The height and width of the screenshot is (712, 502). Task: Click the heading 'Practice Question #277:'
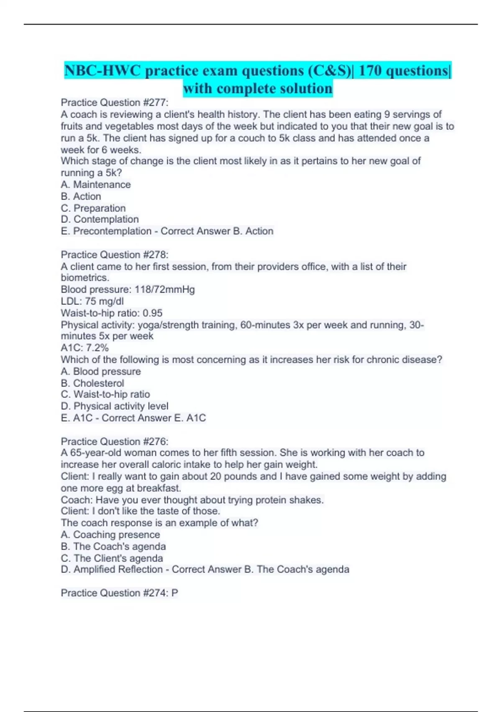[114, 103]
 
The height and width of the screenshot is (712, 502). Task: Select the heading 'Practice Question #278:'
[114, 255]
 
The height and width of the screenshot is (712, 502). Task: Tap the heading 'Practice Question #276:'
[114, 441]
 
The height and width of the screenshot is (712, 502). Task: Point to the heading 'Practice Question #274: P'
[119, 593]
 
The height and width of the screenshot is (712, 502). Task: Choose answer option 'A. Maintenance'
[95, 185]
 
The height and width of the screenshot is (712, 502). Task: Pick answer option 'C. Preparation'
[93, 208]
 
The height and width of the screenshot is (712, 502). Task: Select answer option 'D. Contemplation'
[100, 219]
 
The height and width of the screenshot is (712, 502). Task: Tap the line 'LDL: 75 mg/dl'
[92, 301]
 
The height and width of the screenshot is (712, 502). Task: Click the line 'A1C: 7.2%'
[85, 348]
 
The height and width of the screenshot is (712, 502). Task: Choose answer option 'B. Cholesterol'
[92, 383]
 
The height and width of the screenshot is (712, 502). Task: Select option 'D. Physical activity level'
[114, 406]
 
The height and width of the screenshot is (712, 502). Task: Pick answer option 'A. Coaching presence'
[110, 535]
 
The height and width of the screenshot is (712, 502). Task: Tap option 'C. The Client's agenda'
[112, 558]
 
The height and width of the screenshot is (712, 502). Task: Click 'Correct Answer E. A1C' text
[154, 418]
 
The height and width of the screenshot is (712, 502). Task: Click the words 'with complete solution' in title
[258, 89]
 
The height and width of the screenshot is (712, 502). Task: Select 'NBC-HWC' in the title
[102, 71]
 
